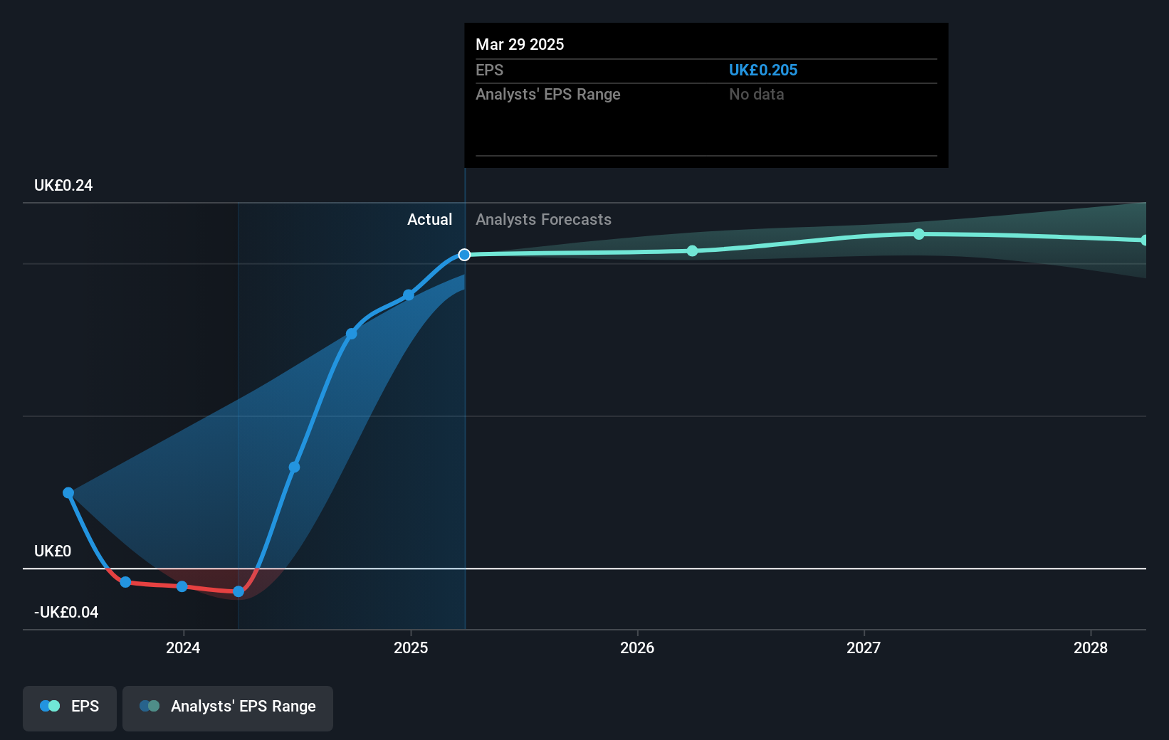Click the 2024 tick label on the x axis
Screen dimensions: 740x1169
point(183,647)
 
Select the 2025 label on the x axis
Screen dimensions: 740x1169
point(411,647)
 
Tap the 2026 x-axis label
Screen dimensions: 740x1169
point(637,647)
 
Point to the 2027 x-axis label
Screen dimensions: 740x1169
point(864,647)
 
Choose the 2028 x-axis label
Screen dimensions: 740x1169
point(1091,647)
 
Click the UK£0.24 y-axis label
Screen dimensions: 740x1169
point(63,186)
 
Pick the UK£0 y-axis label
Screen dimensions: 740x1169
point(53,551)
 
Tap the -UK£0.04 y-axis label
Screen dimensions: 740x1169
point(66,613)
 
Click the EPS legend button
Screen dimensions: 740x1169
point(70,707)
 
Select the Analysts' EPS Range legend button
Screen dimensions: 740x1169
point(228,707)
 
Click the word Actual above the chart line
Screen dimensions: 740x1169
point(429,220)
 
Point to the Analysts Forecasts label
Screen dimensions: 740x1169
point(543,220)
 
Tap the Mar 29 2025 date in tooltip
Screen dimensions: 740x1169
point(520,45)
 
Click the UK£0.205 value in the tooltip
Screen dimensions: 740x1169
point(763,70)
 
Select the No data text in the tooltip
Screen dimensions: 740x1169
point(756,95)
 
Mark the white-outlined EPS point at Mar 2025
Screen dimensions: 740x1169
point(464,255)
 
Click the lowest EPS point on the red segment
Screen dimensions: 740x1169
point(238,591)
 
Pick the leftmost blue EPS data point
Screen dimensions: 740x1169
point(68,493)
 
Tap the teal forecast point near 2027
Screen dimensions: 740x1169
point(919,234)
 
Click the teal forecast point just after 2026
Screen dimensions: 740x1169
point(693,251)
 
